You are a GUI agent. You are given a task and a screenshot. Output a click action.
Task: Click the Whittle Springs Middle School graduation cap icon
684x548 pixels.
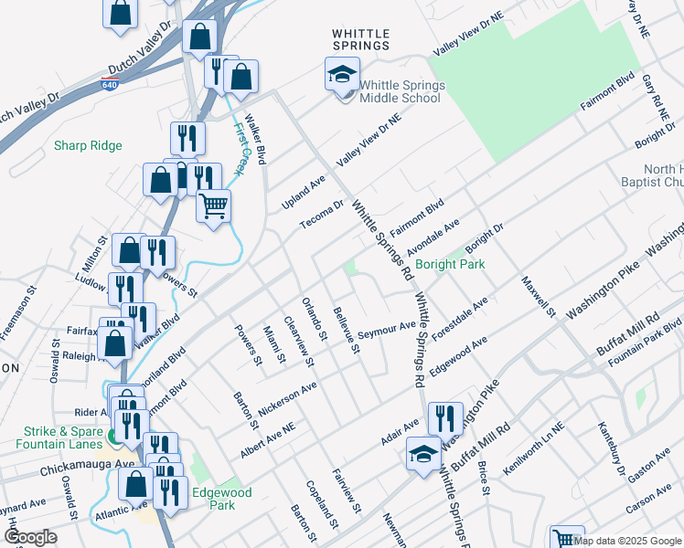click(342, 74)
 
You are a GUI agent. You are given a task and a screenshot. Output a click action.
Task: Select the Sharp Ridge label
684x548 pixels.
click(88, 145)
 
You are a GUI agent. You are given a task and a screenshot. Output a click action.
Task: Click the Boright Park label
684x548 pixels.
click(449, 264)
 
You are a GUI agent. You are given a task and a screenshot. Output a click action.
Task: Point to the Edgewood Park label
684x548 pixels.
click(221, 497)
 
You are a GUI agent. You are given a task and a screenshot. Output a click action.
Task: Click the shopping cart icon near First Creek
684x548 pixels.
click(213, 207)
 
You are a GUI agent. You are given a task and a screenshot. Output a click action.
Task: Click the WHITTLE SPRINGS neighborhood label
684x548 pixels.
click(360, 38)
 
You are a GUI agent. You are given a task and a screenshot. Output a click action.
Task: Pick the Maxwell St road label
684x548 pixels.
click(539, 295)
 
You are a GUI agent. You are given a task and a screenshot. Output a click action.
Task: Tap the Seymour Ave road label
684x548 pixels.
click(380, 331)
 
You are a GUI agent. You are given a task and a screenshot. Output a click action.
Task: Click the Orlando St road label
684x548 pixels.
click(314, 319)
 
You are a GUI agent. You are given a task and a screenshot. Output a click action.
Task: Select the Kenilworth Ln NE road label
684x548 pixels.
click(529, 440)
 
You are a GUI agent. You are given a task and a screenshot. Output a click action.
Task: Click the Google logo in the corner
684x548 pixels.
click(30, 537)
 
